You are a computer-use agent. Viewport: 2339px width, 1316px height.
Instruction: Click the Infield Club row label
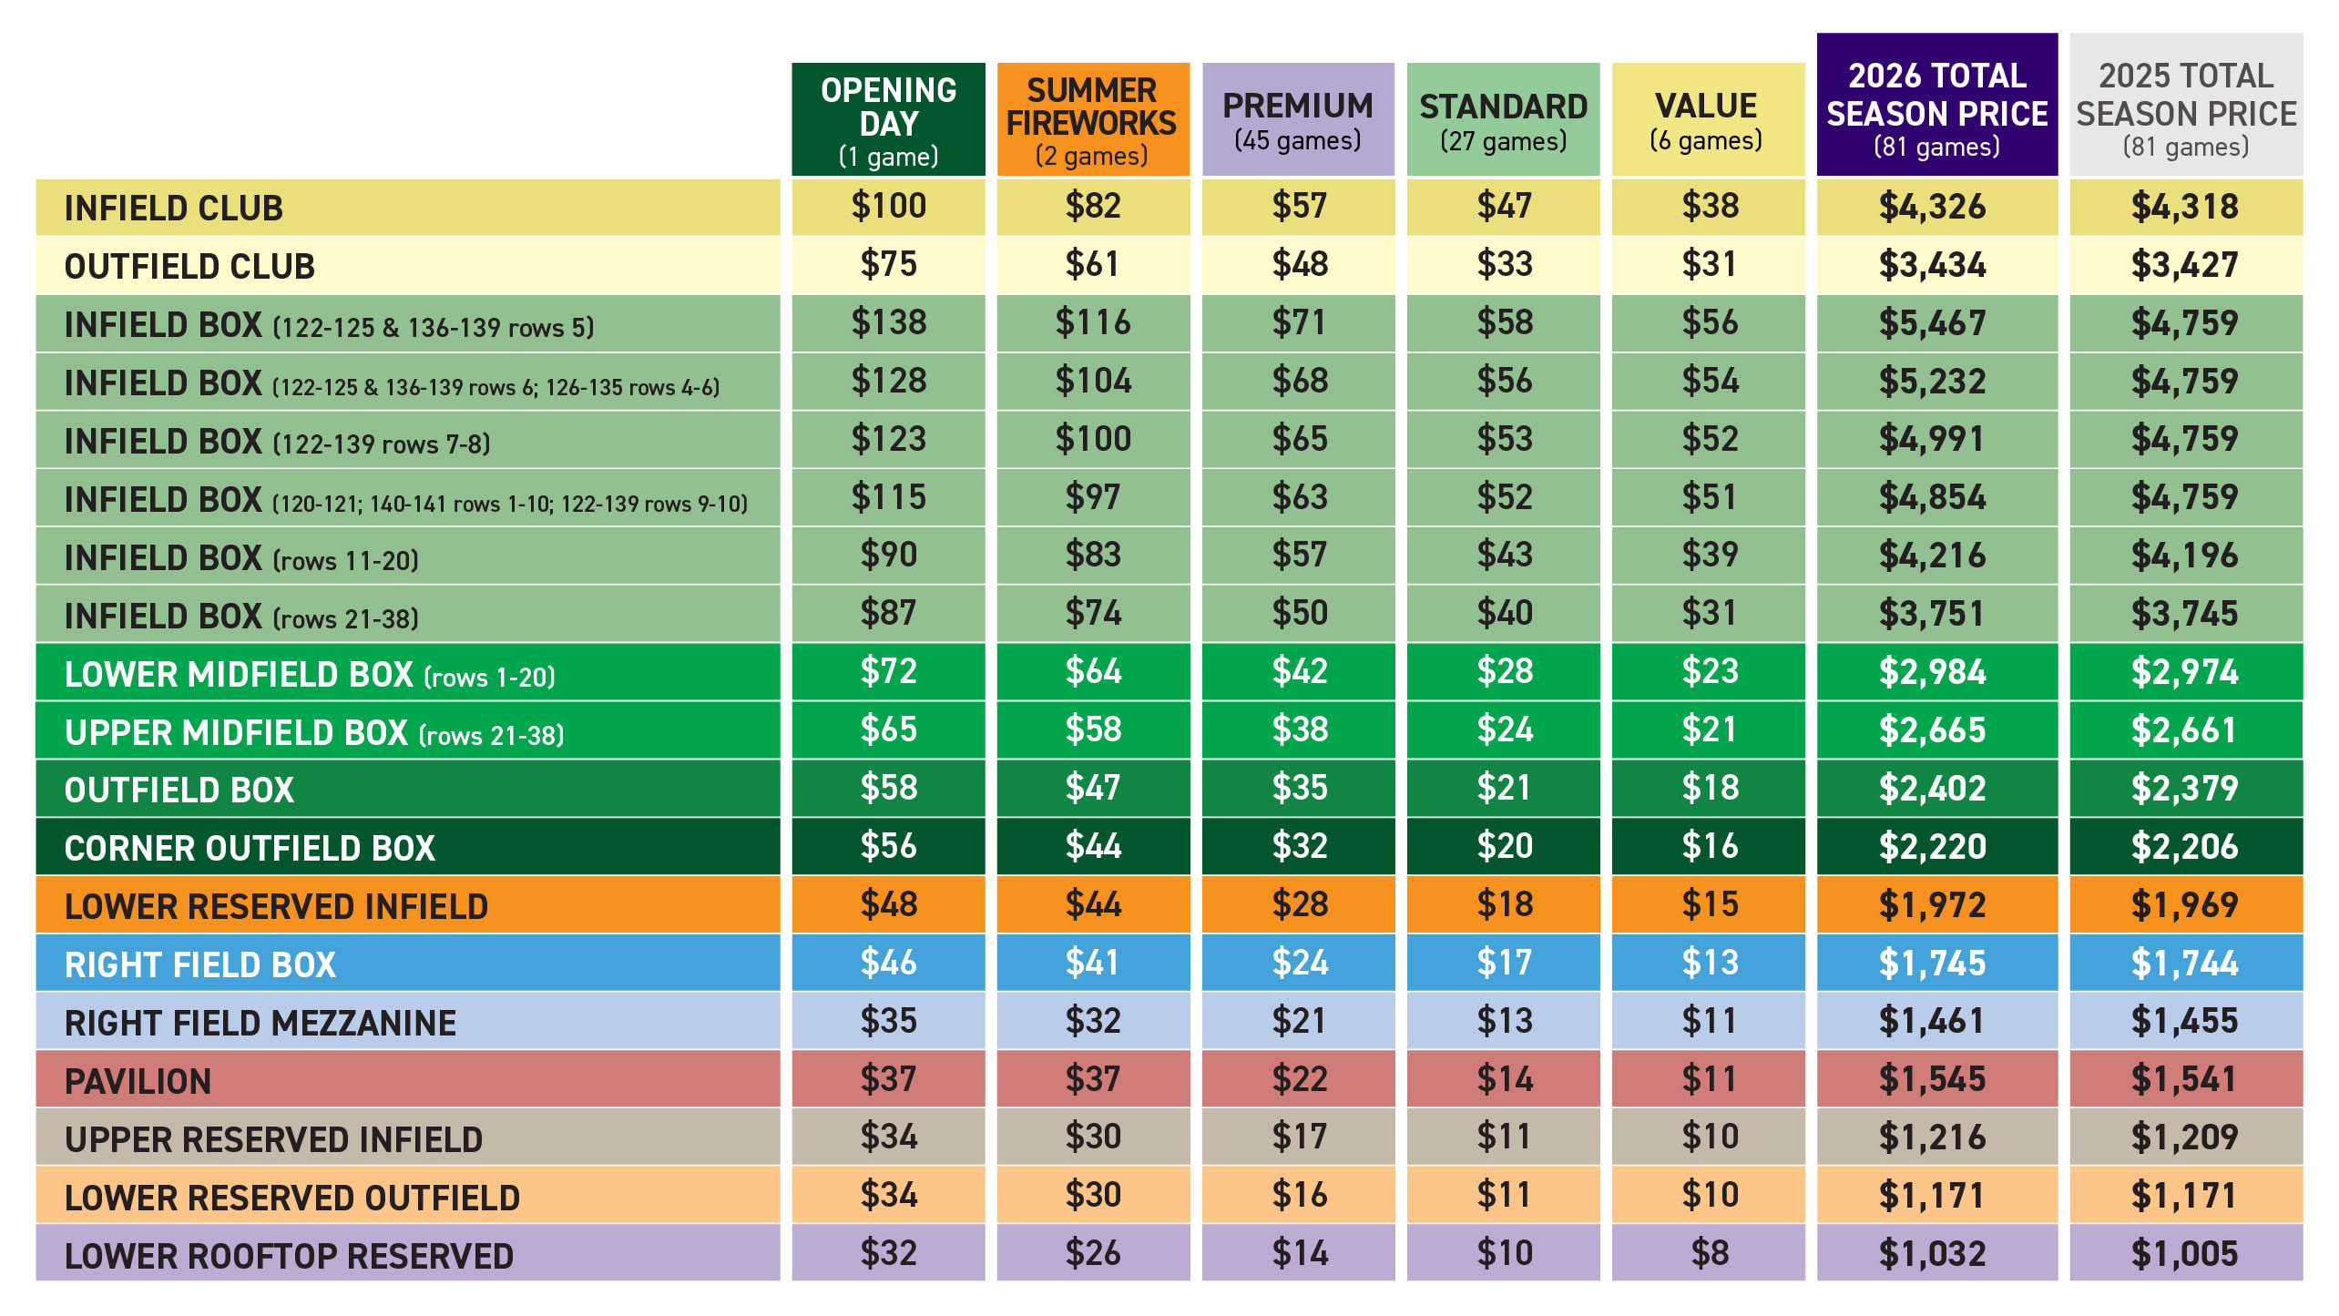coord(173,208)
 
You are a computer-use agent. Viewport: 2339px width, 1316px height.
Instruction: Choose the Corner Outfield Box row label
coord(250,848)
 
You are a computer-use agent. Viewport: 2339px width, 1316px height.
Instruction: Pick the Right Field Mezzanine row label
coord(260,1023)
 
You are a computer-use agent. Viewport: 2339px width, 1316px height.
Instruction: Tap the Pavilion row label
coord(138,1081)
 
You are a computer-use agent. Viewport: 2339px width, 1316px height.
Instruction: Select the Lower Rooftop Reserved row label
coord(289,1256)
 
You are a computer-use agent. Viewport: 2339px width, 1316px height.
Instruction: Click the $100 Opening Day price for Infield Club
coord(888,206)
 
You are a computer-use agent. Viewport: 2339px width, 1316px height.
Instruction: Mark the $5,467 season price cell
coord(1933,323)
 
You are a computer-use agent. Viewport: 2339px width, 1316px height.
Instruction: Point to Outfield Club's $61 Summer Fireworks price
coord(1093,264)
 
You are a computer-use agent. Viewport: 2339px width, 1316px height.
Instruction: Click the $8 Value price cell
coord(1709,1253)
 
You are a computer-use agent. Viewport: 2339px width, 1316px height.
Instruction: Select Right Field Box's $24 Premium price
coord(1299,963)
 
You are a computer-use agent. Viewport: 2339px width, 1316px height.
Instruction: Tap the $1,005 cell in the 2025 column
coord(2184,1253)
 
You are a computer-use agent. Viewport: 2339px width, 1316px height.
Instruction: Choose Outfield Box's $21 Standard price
coord(1504,788)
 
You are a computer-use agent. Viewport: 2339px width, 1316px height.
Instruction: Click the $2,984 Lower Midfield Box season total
coord(1933,672)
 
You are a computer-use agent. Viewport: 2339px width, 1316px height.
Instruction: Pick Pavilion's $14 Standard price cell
coord(1504,1079)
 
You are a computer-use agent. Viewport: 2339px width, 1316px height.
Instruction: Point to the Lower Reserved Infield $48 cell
coord(888,904)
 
